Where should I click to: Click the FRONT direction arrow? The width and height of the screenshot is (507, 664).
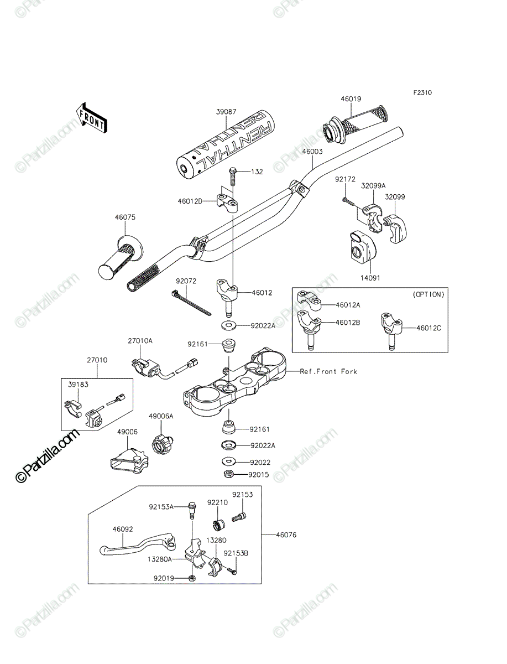pyautogui.click(x=91, y=118)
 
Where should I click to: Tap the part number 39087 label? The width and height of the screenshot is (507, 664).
pyautogui.click(x=226, y=112)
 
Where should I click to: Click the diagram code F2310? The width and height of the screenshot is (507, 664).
pyautogui.click(x=422, y=92)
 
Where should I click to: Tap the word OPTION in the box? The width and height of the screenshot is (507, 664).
pyautogui.click(x=428, y=294)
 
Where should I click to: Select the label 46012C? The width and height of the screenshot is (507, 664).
pyautogui.click(x=428, y=328)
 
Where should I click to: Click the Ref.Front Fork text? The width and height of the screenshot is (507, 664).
pyautogui.click(x=328, y=371)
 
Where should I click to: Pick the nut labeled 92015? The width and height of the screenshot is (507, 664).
pyautogui.click(x=228, y=474)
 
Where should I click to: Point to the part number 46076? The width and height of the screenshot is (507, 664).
pyautogui.click(x=286, y=535)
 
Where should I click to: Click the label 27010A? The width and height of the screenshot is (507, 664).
pyautogui.click(x=140, y=341)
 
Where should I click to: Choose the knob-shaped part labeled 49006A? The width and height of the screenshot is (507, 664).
pyautogui.click(x=161, y=444)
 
